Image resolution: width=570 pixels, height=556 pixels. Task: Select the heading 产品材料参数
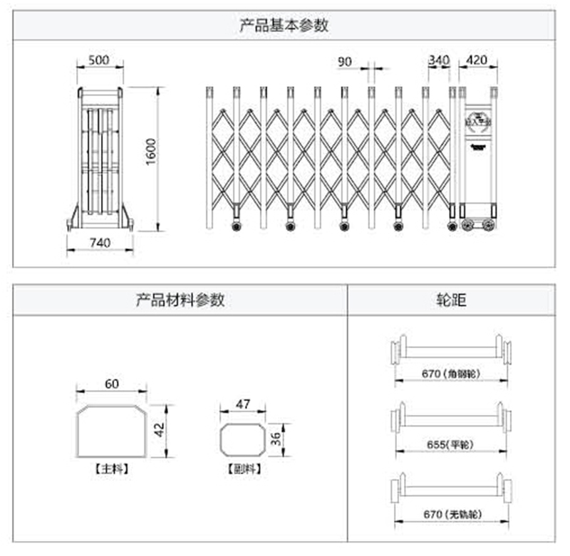click(180, 300)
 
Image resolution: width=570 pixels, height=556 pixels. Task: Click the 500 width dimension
click(99, 60)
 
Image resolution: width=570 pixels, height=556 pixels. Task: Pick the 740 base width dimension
click(100, 243)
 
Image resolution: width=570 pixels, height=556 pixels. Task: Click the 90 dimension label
click(345, 61)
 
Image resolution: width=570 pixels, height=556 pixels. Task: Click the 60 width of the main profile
click(112, 384)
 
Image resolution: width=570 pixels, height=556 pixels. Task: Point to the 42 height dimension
click(160, 430)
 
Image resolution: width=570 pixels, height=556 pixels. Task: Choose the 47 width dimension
click(243, 404)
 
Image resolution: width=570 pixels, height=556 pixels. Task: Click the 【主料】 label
click(112, 469)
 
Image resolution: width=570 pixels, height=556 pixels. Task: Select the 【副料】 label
click(243, 469)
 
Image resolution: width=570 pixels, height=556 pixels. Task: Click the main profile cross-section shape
click(112, 432)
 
